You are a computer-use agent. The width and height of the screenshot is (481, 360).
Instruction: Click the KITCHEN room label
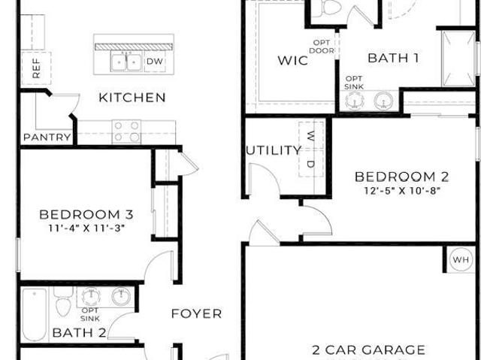click(132, 98)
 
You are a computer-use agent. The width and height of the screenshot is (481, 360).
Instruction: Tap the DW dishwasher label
click(155, 62)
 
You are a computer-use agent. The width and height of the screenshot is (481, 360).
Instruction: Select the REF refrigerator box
click(36, 68)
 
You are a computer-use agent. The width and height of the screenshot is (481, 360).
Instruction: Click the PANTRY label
click(47, 137)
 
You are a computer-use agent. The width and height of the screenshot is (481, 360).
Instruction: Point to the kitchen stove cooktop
click(126, 132)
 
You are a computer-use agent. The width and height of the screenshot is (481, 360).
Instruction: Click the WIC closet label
click(292, 60)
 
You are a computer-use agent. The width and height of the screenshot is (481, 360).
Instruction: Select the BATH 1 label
click(393, 58)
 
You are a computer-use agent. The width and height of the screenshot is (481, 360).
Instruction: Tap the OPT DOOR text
click(322, 47)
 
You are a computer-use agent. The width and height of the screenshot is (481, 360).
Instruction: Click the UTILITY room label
click(274, 150)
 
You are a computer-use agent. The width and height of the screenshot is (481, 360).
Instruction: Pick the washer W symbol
click(310, 135)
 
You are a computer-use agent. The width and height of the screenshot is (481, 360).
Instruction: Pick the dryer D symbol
click(310, 164)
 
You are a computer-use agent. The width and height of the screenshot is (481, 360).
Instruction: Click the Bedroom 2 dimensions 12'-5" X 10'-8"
click(402, 191)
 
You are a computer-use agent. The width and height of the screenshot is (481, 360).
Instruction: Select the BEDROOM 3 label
click(86, 215)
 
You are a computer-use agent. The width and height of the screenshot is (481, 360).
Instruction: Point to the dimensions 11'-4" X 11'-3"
click(87, 228)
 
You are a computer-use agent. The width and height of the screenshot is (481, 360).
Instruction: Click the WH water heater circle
click(461, 260)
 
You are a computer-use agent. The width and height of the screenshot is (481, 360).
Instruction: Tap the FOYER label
click(196, 313)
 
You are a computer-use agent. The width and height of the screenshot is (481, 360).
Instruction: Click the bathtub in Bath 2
click(35, 315)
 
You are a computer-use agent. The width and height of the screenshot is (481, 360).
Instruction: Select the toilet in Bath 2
click(63, 301)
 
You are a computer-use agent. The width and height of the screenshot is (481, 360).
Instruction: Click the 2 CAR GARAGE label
click(368, 350)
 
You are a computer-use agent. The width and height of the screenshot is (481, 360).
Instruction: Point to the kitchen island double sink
click(126, 62)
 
